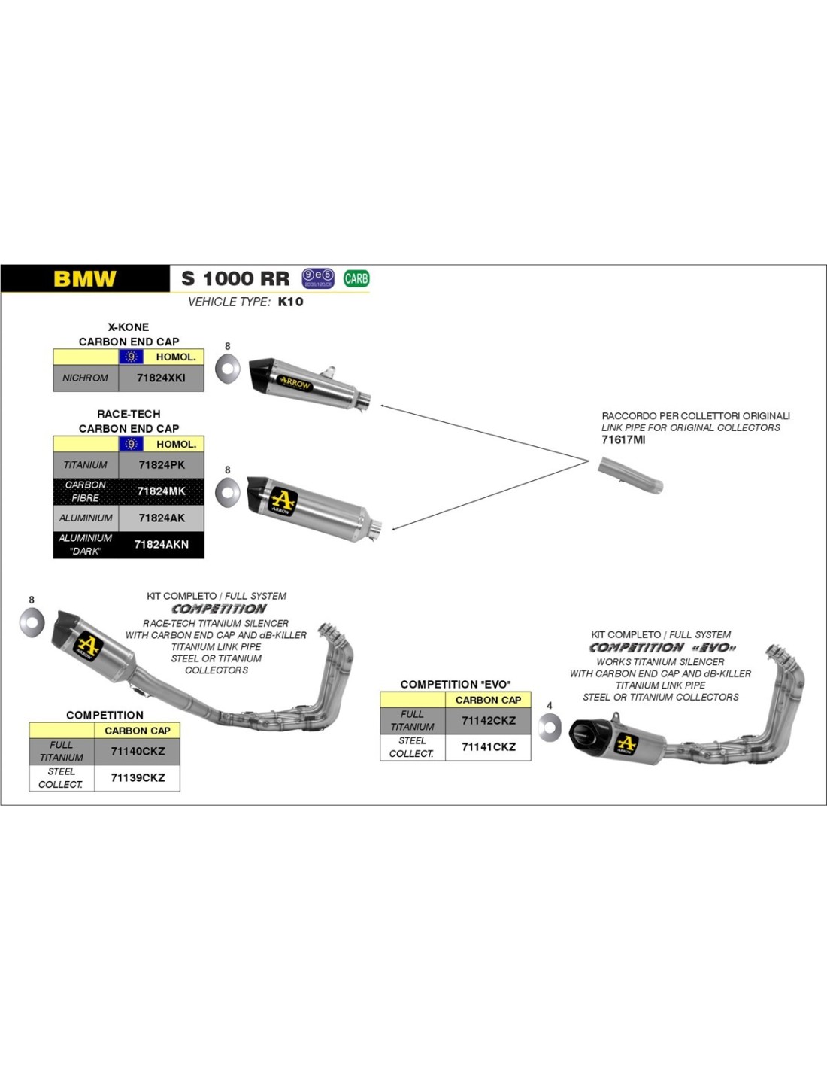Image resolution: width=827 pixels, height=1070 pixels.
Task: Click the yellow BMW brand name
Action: point(85,279)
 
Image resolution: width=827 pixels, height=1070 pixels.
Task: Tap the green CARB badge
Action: point(356,278)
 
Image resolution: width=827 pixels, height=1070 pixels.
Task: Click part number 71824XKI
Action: point(161,378)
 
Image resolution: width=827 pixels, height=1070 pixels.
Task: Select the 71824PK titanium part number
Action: point(161,465)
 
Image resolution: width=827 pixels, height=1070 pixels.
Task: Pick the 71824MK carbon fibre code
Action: point(161,491)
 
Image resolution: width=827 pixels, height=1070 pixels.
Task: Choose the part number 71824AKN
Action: point(161,544)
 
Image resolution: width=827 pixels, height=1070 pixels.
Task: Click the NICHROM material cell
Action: point(85,378)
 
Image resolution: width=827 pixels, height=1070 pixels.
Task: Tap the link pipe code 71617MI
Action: point(623,440)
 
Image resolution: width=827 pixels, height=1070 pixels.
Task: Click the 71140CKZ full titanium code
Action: point(138,751)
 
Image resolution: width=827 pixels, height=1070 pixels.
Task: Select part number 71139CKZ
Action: point(138,777)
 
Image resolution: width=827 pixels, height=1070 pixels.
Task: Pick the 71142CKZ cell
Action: point(489,720)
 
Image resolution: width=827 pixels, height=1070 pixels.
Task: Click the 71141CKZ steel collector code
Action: point(489,746)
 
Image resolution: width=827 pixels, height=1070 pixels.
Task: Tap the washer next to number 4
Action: point(550,728)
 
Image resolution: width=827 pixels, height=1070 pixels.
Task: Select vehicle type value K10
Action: point(290,302)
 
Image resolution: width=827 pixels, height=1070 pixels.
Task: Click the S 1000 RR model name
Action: point(235,278)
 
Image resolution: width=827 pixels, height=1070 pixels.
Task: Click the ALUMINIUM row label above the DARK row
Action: point(86,518)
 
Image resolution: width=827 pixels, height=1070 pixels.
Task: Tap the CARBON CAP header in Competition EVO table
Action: point(488,700)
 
